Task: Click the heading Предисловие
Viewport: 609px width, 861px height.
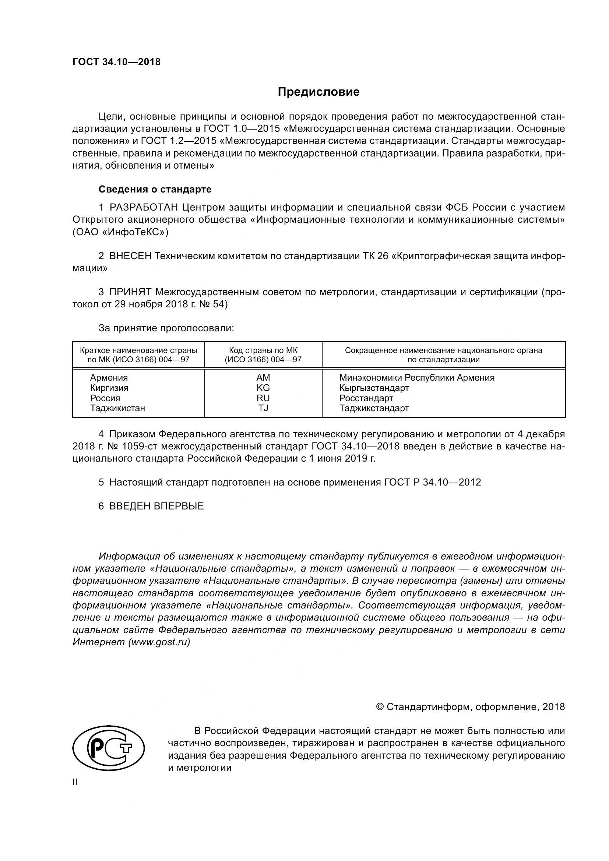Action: (x=318, y=92)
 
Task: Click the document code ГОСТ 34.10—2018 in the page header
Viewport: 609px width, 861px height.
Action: (x=116, y=62)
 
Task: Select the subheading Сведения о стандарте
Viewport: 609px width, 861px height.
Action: (x=155, y=189)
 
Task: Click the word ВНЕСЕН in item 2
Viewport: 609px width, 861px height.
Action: (x=130, y=256)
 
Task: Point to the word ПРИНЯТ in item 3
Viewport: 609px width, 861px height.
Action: (x=130, y=292)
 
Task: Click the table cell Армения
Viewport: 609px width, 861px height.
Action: (x=109, y=378)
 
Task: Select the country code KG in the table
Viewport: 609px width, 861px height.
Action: (x=263, y=388)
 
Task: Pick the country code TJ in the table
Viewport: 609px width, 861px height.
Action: (x=263, y=408)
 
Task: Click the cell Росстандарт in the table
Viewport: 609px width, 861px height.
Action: (x=366, y=398)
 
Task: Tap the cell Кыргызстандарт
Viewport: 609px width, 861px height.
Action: (x=374, y=388)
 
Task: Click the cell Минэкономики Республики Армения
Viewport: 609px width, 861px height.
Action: (x=417, y=378)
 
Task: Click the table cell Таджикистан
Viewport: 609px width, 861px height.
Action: (x=117, y=408)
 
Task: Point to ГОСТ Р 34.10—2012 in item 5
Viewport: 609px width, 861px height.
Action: (x=432, y=482)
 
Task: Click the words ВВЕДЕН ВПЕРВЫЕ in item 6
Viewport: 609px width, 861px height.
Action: (x=156, y=506)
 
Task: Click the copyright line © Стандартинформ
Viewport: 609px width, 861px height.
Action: (x=470, y=707)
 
